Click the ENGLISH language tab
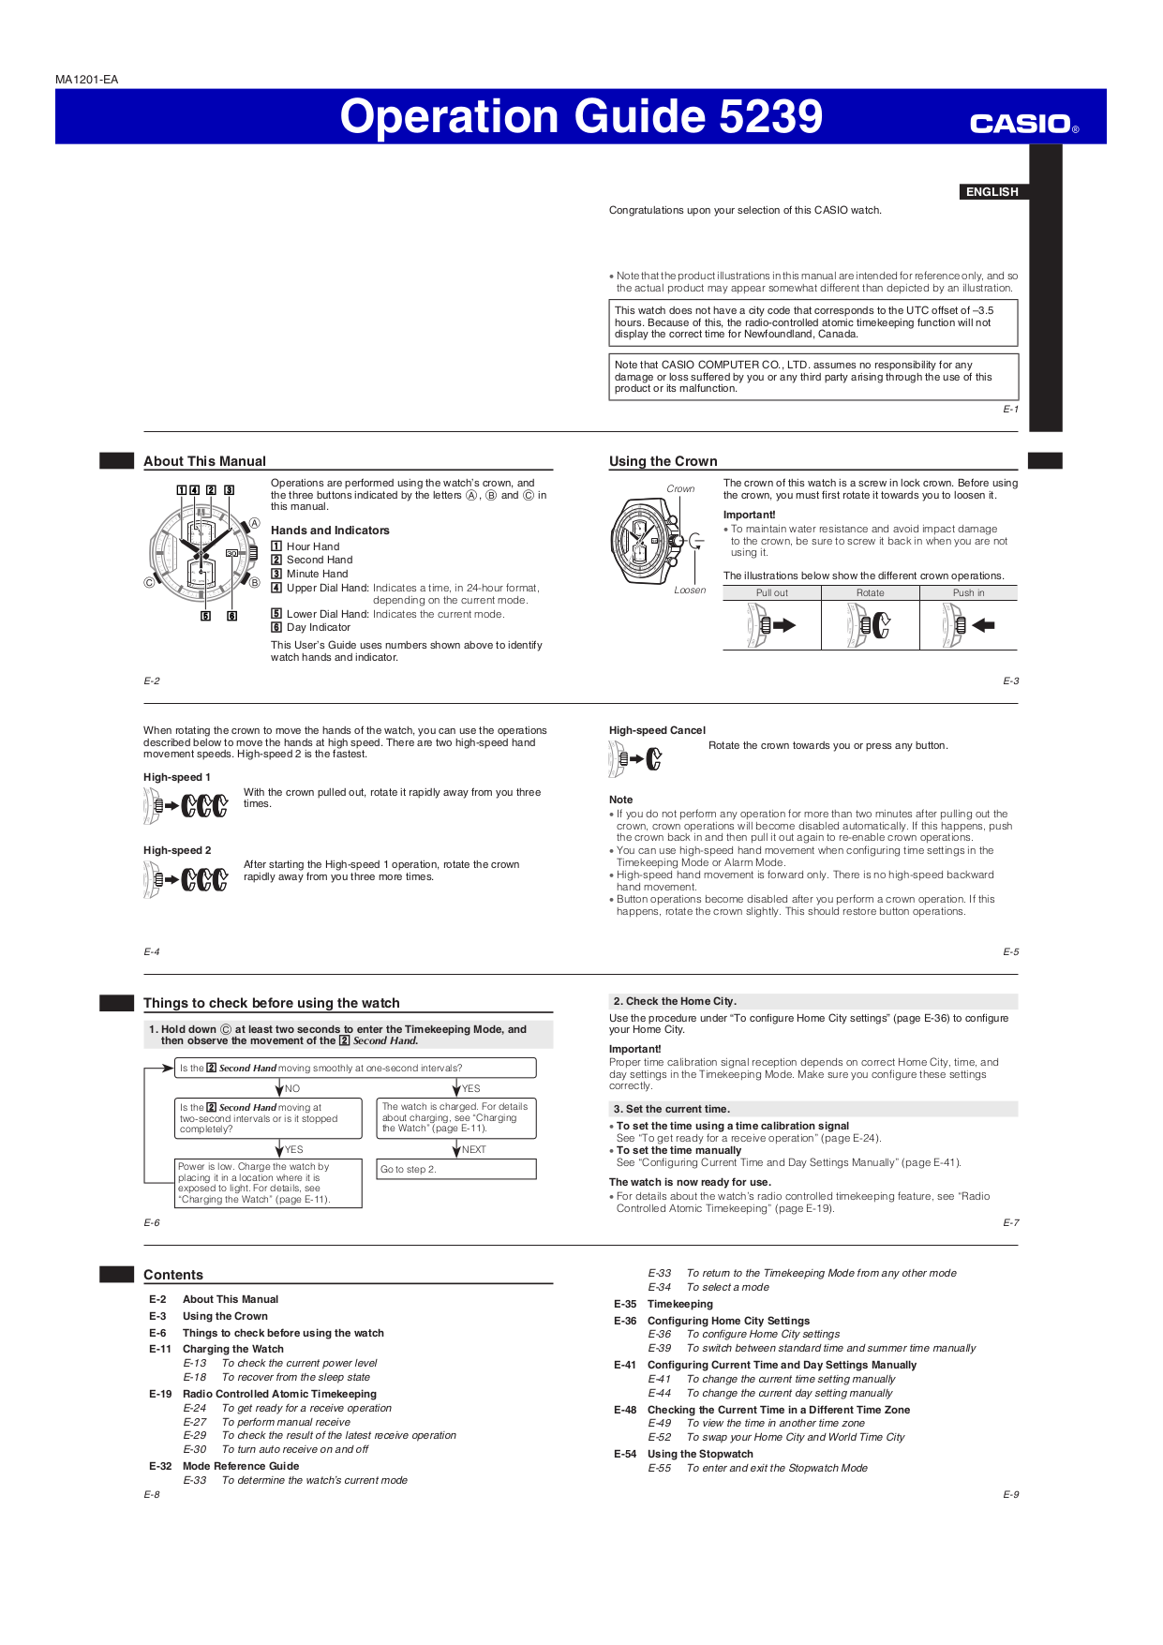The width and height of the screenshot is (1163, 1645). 992,191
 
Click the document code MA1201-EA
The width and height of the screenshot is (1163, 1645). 86,80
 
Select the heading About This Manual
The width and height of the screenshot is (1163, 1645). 204,461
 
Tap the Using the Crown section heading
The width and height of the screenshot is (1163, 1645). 663,461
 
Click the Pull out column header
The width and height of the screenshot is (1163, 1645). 772,592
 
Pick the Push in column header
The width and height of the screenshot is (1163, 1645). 968,592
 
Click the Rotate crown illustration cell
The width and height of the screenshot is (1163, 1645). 870,625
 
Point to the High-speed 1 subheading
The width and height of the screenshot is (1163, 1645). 177,777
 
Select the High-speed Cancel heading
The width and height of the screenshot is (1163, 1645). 657,730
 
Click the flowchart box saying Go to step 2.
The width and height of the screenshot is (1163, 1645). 455,1169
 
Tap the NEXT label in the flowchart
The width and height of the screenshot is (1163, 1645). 473,1149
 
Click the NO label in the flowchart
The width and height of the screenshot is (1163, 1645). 291,1088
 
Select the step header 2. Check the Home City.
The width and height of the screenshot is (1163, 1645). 675,1001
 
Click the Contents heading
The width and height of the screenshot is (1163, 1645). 173,1275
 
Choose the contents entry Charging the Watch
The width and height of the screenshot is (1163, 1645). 232,1349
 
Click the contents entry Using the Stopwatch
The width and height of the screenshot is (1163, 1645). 699,1454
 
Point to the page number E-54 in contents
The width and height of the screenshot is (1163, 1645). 625,1454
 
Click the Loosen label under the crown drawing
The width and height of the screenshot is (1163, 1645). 690,590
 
